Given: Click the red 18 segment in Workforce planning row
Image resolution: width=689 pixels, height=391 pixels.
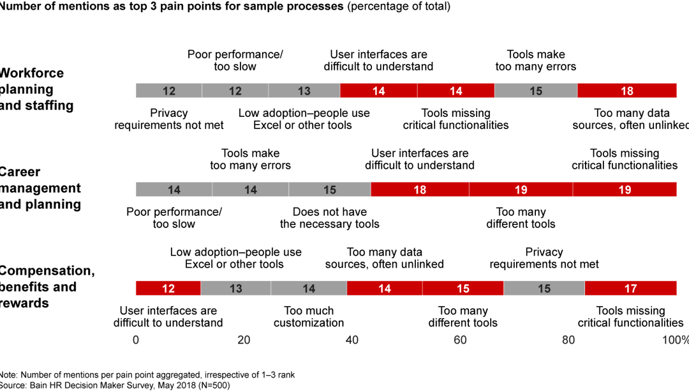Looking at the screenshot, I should coord(627,91).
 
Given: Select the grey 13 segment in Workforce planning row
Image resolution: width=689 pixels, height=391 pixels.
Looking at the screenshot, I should coord(304,91).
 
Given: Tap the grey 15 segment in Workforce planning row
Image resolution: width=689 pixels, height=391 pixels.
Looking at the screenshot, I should coord(536,91).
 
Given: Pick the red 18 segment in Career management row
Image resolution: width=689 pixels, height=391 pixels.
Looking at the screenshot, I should coord(420,190).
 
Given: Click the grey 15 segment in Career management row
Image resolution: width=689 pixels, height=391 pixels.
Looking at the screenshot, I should coord(329,190).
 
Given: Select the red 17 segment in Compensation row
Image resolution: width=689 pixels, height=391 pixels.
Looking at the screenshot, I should coord(630,288).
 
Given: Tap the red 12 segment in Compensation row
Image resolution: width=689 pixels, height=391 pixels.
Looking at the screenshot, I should coord(168,288).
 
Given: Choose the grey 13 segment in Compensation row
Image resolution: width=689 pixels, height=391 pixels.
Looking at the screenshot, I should coord(235,288).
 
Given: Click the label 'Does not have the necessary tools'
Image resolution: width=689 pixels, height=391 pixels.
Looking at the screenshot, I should coord(329,218).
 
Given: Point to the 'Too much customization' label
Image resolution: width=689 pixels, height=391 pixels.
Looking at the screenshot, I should coord(309,317).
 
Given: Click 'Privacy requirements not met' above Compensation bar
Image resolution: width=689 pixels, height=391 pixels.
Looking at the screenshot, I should coord(544,258).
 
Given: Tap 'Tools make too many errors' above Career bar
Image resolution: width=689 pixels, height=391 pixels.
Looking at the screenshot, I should coord(250,159).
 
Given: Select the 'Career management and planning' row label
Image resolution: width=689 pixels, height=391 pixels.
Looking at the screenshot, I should coord(40,188).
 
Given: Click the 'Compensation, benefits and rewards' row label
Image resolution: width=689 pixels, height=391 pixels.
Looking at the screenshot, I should coord(47,287).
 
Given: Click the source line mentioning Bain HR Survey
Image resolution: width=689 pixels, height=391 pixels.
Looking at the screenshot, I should coord(115,385).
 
